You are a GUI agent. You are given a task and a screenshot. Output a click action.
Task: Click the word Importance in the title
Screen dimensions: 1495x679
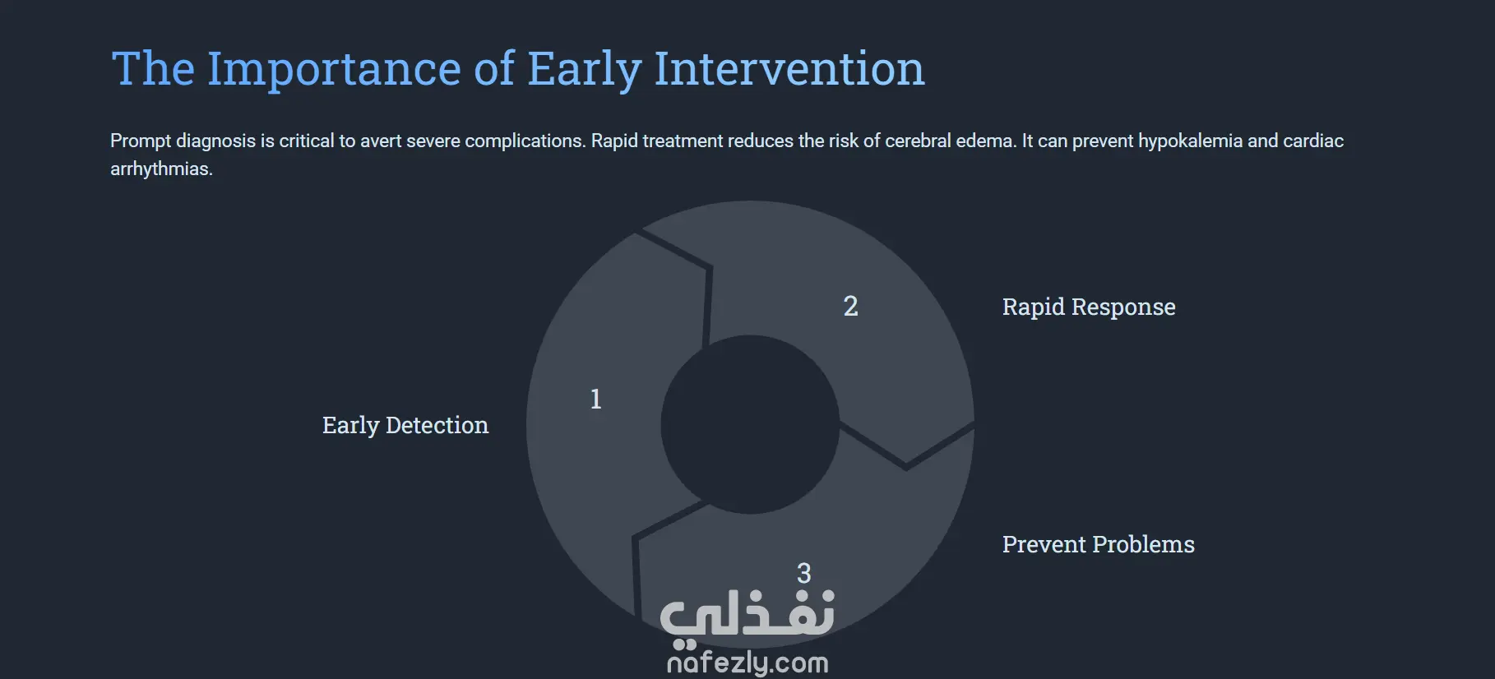coord(333,70)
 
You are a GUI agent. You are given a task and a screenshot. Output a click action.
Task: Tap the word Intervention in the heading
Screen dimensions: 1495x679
coord(789,68)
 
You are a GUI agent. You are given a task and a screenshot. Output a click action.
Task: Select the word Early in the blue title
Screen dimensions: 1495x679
coord(584,70)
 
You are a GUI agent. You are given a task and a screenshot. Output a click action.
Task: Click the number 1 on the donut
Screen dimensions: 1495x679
coord(596,399)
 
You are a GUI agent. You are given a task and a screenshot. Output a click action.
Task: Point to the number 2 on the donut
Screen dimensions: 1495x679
coord(851,306)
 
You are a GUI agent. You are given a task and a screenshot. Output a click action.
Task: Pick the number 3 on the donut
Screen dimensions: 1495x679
coord(804,573)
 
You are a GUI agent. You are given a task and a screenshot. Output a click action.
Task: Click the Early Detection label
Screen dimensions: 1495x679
coord(405,425)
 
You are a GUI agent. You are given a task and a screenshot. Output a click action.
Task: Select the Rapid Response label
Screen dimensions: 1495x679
coord(1089,307)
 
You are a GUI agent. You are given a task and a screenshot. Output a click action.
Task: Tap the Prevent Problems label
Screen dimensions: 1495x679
coord(1099,544)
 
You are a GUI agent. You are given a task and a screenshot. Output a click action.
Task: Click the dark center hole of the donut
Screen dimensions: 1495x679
coord(750,424)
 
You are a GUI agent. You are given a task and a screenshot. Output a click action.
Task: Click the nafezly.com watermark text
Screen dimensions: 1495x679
coord(747,663)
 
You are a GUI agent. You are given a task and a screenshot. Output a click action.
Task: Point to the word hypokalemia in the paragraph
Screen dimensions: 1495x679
coord(1190,141)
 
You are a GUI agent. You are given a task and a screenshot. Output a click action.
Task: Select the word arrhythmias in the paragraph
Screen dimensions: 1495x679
coord(161,169)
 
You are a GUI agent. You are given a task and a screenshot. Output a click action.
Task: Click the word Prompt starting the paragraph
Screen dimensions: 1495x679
coord(141,141)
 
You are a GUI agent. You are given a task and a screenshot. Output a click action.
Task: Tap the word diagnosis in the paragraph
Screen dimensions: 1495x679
coord(216,141)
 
